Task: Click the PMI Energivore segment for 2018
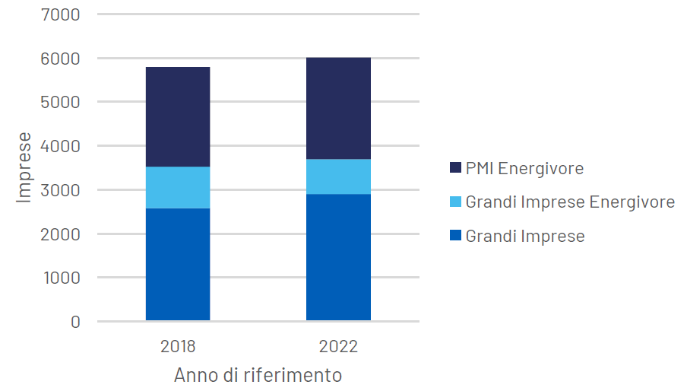point(178,116)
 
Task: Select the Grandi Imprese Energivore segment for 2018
point(178,187)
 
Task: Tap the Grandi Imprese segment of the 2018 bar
point(178,264)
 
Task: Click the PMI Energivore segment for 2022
point(338,108)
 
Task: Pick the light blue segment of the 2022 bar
point(338,176)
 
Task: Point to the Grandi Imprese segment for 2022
point(338,257)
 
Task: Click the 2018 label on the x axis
point(178,347)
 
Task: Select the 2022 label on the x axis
point(338,347)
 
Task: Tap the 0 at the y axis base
point(74,322)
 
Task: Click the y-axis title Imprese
point(24,167)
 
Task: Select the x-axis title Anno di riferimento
point(258,376)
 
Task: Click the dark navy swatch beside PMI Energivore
point(455,168)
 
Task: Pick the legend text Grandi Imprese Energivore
point(570,202)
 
